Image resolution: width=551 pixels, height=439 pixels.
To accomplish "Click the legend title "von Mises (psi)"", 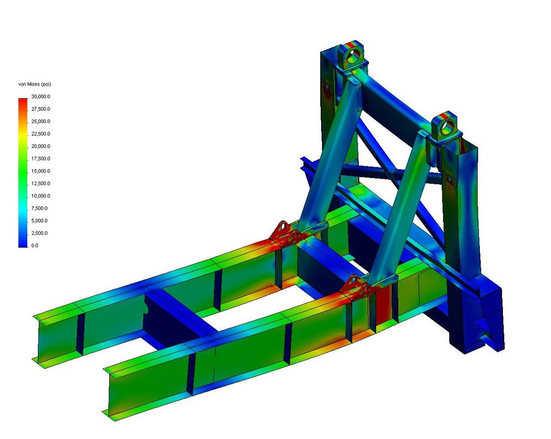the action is click(x=34, y=84).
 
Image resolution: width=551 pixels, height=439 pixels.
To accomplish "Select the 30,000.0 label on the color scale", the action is click(x=41, y=97).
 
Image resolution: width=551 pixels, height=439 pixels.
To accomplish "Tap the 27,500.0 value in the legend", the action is click(x=41, y=109).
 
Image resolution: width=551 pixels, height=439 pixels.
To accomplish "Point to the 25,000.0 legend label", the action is click(x=41, y=121).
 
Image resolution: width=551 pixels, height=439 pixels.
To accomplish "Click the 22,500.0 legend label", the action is click(x=41, y=133).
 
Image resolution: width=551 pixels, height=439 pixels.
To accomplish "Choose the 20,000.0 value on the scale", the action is click(x=41, y=146).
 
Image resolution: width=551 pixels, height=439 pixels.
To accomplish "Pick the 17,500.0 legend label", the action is click(x=41, y=159).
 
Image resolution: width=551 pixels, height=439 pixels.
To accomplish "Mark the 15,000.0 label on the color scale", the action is click(x=41, y=171).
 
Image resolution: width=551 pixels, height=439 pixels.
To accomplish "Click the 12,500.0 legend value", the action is click(x=41, y=183).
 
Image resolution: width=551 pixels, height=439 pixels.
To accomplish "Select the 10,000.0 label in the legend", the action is click(x=41, y=196).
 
